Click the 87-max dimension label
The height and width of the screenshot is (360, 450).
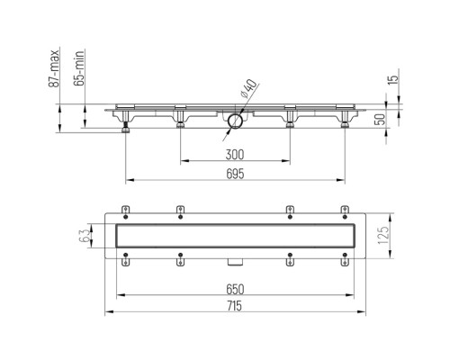[54, 68]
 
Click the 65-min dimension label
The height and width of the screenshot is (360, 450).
[79, 68]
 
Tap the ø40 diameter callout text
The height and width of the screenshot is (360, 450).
[249, 88]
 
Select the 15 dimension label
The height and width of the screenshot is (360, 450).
[393, 78]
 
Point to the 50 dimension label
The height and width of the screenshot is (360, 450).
[380, 119]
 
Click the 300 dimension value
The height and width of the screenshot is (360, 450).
[235, 155]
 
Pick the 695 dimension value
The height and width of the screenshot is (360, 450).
[235, 174]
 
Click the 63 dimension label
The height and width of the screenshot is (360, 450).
[85, 236]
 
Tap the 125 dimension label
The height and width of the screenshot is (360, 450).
[383, 236]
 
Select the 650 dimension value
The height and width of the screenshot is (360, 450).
[235, 289]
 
